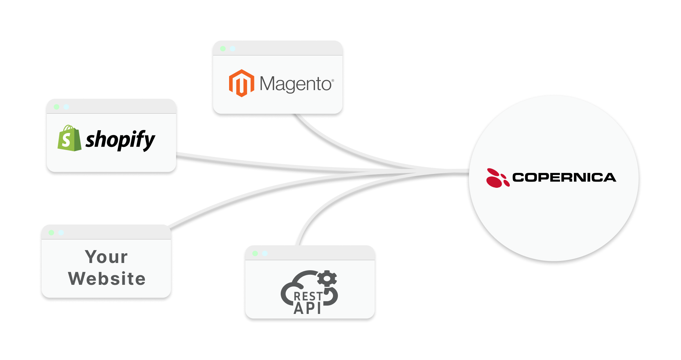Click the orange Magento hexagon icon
point(241,83)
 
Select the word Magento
point(295,84)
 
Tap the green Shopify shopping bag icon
point(69,138)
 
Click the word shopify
point(120,140)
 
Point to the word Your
point(106,257)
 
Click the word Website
point(107,279)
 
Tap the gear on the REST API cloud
point(327,279)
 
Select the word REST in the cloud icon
point(308,297)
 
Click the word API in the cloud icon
point(307,308)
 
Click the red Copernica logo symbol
point(497,178)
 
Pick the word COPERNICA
point(564,177)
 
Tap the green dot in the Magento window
point(223,49)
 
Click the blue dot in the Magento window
point(233,49)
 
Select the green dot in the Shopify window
point(56,107)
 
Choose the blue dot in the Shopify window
point(66,107)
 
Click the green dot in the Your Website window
point(51,232)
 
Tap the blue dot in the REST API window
point(265,254)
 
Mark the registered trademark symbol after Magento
point(333,81)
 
